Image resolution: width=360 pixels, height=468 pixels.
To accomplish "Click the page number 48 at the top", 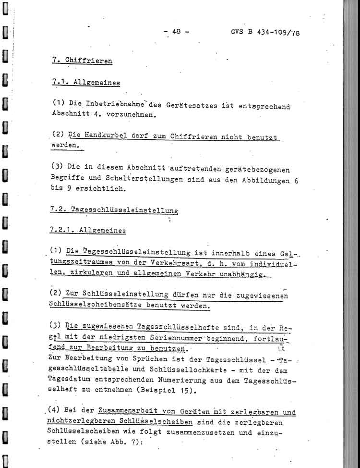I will coord(176,32).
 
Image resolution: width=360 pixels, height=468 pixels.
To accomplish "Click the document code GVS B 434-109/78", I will coord(265,33).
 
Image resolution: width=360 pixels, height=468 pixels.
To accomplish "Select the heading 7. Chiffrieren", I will coord(82,61).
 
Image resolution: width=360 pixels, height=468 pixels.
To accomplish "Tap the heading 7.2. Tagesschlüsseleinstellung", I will coord(114,209).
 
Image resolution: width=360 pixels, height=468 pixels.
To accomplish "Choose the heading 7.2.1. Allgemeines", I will coord(88,230).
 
